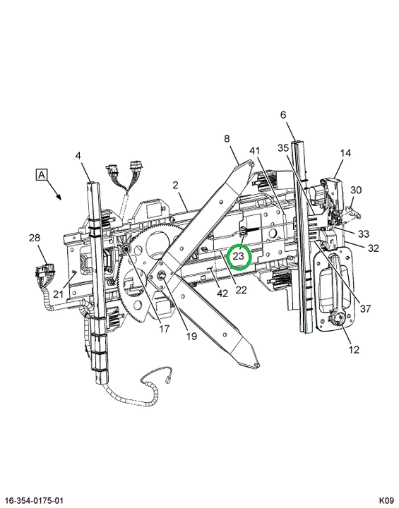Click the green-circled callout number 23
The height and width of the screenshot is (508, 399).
coord(239,257)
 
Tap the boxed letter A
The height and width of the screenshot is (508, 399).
coord(42,175)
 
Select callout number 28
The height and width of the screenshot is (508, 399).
coord(34,238)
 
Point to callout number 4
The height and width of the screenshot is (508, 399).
coord(78,156)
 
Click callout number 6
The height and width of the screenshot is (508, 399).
coord(283,115)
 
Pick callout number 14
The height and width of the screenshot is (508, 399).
coord(346,152)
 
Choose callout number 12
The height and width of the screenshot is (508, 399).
coord(355,349)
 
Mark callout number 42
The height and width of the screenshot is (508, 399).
coord(222,294)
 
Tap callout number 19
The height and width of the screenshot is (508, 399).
coord(192,336)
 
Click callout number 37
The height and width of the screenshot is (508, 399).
coord(365,308)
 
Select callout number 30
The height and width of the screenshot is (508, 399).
coord(356,190)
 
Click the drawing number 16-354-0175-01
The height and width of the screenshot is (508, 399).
coord(35,501)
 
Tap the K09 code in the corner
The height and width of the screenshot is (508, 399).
coord(386,501)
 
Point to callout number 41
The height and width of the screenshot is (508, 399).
coord(255,150)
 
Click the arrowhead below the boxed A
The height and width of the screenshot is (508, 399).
coord(59,197)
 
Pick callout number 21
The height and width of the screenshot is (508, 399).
coord(58,294)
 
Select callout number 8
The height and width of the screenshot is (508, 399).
coord(227,139)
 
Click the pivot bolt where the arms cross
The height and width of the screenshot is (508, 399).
coord(162,276)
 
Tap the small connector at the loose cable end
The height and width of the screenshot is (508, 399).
coord(168,379)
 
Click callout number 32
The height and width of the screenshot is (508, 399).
coord(374,248)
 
